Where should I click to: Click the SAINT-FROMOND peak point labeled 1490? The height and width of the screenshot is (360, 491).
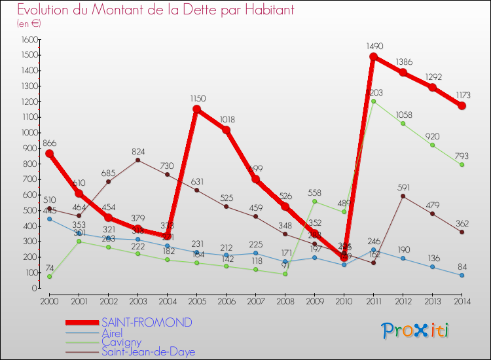pos(373,57)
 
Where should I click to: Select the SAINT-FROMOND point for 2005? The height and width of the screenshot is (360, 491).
pos(196,109)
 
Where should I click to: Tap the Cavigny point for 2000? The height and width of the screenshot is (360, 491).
pos(49,277)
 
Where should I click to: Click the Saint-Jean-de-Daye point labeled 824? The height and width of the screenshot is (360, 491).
pos(137,160)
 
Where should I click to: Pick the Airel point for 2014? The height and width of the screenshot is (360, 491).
pos(462,276)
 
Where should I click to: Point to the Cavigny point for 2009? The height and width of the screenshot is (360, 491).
pos(314,202)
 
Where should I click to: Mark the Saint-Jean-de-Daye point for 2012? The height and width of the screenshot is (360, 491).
pos(403,196)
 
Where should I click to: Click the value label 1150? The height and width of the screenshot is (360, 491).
pos(198,99)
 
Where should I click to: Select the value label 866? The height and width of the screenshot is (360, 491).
pos(50,143)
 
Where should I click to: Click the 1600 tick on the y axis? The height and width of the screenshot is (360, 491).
pos(29,40)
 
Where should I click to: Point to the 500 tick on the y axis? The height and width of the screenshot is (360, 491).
pos(31,211)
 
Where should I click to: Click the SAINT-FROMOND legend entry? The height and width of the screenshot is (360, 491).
pos(147,323)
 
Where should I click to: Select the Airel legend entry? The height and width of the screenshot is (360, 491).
pos(112,333)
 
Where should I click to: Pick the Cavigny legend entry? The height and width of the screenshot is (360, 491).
pos(120,342)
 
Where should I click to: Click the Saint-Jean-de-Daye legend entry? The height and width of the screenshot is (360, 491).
pos(148,352)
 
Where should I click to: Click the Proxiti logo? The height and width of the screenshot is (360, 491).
pos(415,331)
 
